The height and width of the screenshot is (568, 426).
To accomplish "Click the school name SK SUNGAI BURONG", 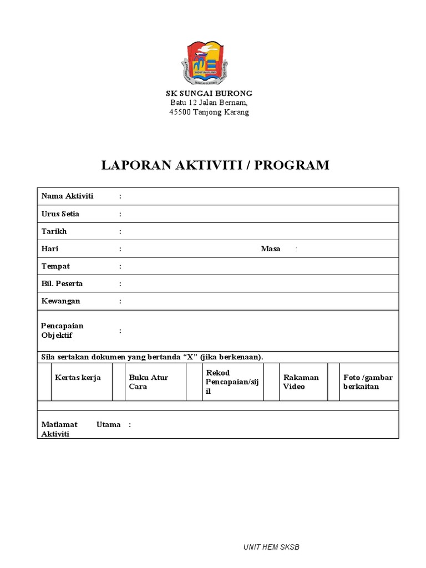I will (210, 93).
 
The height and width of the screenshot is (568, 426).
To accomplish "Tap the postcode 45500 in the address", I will (180, 112).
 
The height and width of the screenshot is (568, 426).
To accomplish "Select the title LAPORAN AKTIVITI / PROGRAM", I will (215, 165).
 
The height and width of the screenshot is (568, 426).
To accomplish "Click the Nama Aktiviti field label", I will (67, 196).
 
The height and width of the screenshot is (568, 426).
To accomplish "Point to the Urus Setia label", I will (60, 214).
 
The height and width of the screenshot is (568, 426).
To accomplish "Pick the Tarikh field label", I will (54, 231).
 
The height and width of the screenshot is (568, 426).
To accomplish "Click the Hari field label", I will (50, 249).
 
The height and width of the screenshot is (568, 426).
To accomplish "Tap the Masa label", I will (270, 249).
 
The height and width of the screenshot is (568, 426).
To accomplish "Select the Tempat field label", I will (55, 266).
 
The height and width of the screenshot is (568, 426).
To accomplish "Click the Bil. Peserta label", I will (62, 284).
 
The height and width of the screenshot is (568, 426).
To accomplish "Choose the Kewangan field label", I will (60, 301).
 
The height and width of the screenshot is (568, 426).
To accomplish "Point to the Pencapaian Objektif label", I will (62, 331).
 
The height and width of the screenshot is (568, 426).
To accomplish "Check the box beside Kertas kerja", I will (44, 382).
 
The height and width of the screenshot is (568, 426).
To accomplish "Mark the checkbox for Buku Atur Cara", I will (119, 382).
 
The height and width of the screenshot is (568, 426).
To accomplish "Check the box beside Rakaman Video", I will (271, 382).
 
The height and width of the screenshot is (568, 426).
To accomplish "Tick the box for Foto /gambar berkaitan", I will (333, 382).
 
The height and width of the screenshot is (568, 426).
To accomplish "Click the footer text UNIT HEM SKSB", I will (271, 547).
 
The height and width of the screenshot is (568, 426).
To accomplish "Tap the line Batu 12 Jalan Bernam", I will (209, 103).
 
